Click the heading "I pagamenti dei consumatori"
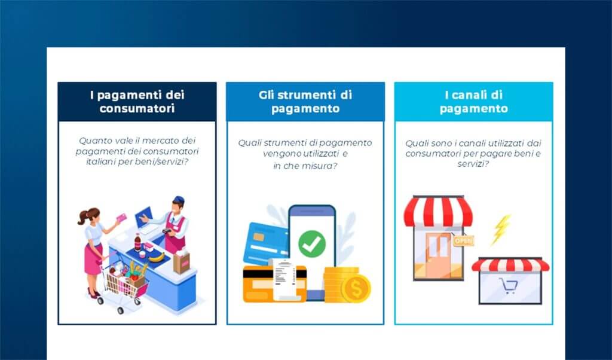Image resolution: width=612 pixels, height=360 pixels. coord(137,102)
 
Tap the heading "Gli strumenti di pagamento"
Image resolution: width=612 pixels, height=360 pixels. coord(305,102)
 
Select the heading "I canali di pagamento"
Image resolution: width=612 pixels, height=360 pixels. coord(473,102)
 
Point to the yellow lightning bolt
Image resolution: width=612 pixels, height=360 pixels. coord(500,229)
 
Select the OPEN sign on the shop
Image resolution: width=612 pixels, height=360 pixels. coord(463,240)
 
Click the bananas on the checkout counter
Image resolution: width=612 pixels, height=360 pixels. coord(157,256)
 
